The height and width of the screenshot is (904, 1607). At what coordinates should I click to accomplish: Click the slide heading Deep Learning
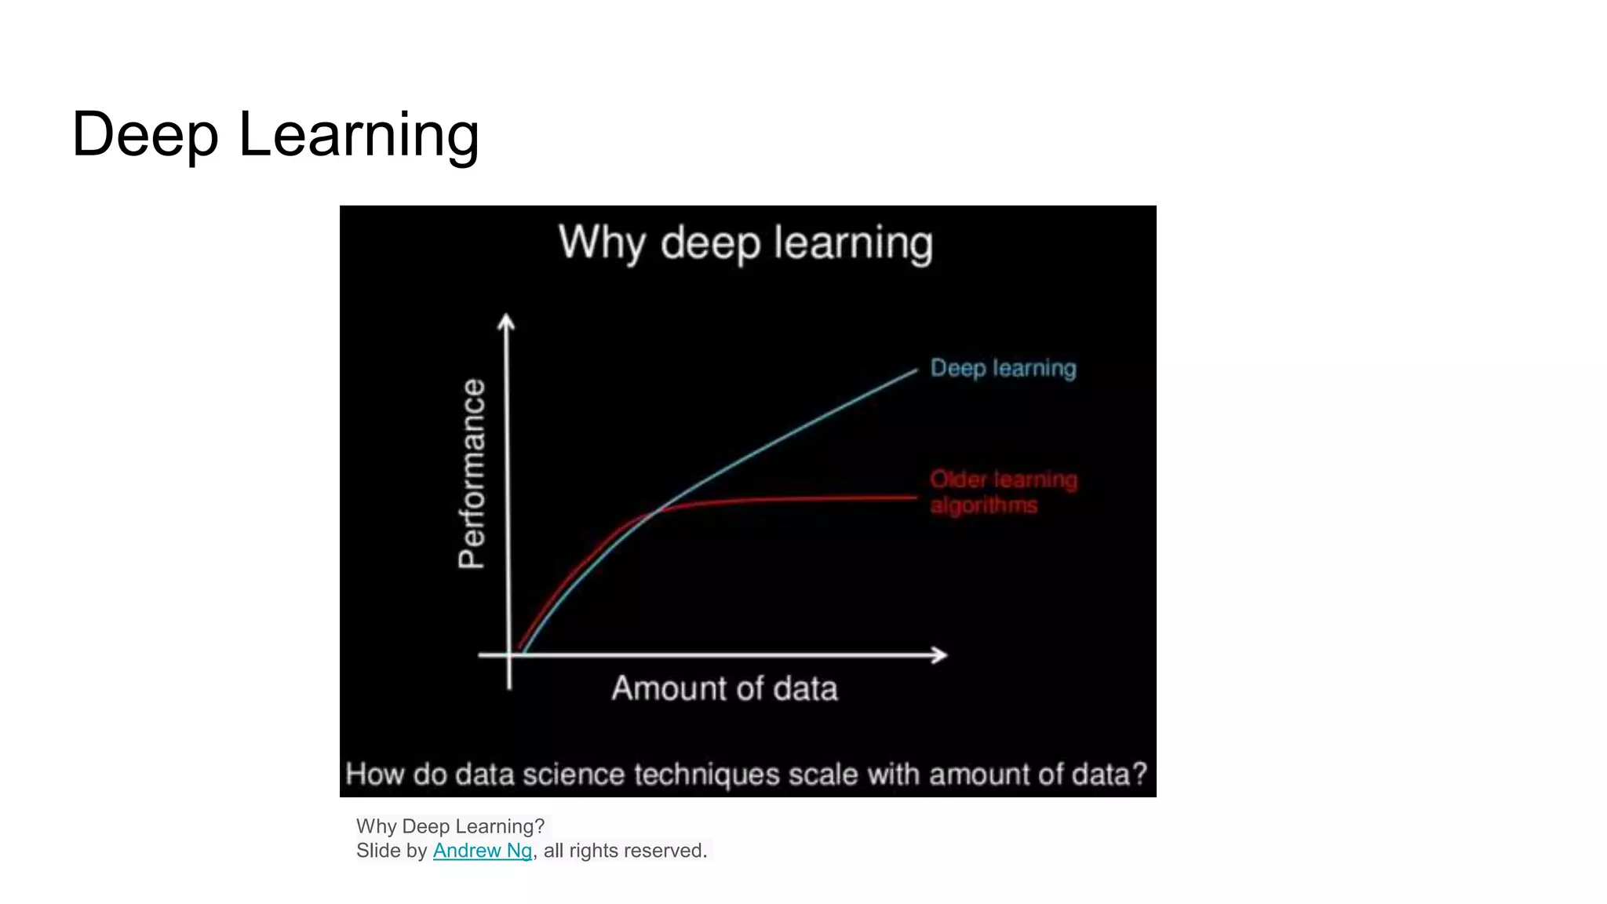[275, 135]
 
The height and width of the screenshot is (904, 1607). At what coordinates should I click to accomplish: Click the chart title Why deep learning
[745, 243]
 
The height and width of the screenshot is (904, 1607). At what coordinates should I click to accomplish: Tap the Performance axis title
[472, 473]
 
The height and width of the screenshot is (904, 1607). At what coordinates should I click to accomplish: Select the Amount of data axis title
[724, 688]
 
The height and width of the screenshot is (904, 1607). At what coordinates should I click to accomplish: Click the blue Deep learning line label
[1003, 368]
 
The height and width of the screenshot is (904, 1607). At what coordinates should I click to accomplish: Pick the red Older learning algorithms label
[1003, 491]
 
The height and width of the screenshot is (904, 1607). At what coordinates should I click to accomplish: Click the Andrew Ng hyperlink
[482, 851]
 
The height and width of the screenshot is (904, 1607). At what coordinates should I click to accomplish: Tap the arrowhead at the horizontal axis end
[940, 654]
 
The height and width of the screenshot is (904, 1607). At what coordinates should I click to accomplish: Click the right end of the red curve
[914, 497]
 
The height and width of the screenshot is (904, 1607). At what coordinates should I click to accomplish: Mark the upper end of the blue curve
[914, 371]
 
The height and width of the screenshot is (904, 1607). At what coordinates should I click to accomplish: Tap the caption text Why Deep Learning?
[450, 826]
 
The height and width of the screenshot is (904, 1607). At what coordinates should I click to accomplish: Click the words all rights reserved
[625, 851]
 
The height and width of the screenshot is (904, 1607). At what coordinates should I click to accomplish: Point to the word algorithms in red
[983, 505]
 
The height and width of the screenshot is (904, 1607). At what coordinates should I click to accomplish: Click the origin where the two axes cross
[509, 654]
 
